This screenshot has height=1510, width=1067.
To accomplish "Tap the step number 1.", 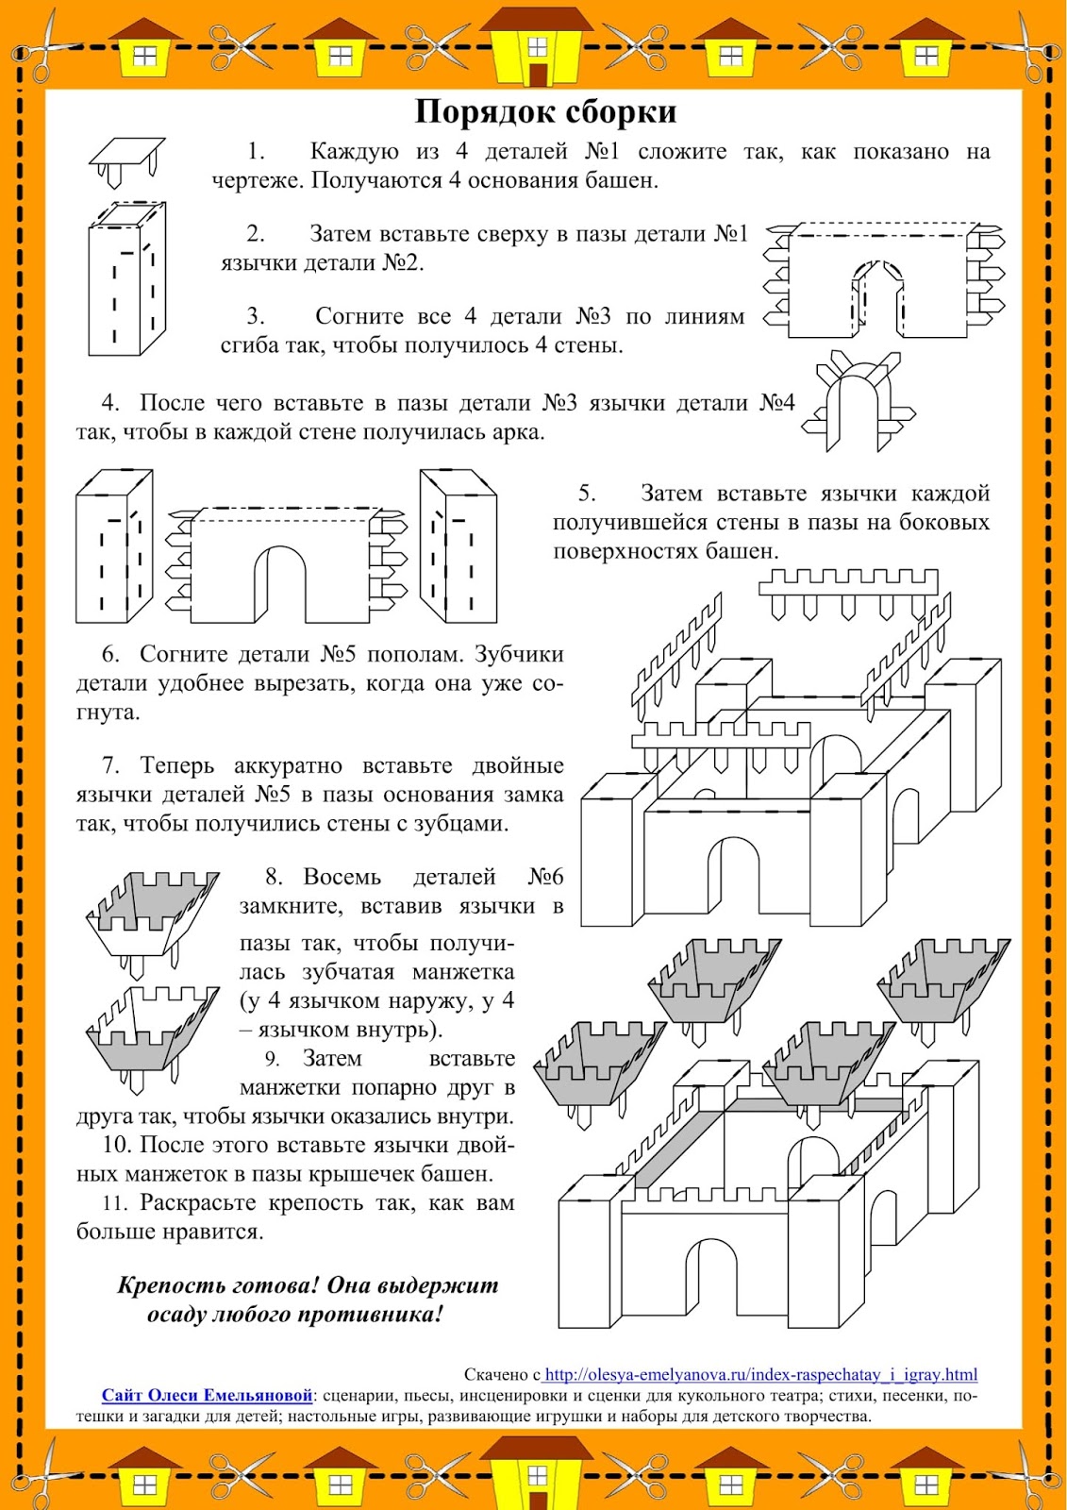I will (x=256, y=152).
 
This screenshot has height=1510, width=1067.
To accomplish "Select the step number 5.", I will (x=587, y=494).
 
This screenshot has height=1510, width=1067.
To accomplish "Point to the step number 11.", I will (x=114, y=1203).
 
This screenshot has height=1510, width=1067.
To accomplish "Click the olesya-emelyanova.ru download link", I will (x=760, y=1374).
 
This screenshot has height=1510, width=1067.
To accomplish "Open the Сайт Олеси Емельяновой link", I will (x=207, y=1395).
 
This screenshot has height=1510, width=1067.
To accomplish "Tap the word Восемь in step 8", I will (x=342, y=878).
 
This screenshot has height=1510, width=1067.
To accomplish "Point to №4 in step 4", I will (x=777, y=404).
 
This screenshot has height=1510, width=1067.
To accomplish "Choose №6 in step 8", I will (x=545, y=878).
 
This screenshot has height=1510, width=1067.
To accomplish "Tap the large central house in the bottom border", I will (x=537, y=1473).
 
